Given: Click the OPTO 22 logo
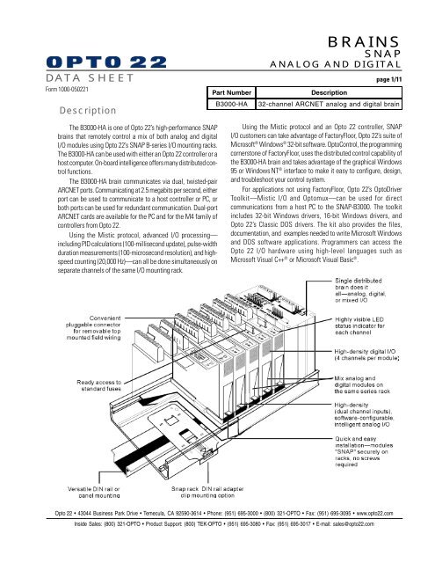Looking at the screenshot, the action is pos(106,62).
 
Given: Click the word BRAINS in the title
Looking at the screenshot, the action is pos(364,42).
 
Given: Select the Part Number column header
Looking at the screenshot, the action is pos(231,92).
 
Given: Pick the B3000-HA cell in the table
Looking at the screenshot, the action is pos(231,104).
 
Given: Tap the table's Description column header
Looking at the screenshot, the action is pos(329,92).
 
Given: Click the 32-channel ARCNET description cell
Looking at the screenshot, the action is pos(329,104).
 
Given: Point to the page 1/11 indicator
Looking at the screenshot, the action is pos(388,80).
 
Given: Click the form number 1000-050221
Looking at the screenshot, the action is pos(67,89).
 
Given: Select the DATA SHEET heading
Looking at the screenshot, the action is pos(90,78).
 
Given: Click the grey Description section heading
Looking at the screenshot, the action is pos(88,111).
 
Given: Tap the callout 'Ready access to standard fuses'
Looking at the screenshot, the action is pos(99,385).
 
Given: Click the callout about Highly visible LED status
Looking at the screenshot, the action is pos(359,325).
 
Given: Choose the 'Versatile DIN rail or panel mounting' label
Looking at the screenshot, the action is pos(94,492).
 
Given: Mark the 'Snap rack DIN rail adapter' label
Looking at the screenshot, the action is pos(207,492).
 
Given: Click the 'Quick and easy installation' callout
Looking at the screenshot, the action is pos(364,451).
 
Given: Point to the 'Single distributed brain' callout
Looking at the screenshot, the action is pos(360,290).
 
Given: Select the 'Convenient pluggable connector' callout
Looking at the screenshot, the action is pos(93,328).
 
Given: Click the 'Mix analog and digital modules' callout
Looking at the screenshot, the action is pos(362,384).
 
